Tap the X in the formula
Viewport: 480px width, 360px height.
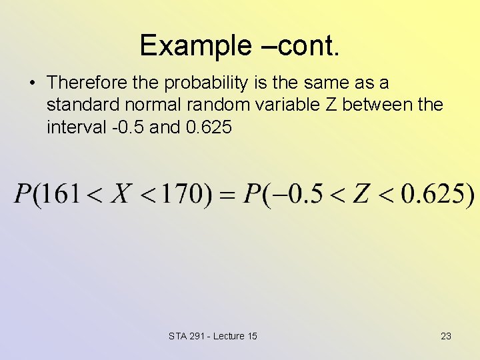pyautogui.click(x=121, y=194)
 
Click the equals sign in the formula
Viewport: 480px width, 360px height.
pyautogui.click(x=228, y=195)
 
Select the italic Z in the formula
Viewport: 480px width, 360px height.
pyautogui.click(x=361, y=194)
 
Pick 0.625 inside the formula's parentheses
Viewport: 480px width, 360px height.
pyautogui.click(x=432, y=194)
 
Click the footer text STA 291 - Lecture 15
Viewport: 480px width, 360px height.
pyautogui.click(x=213, y=336)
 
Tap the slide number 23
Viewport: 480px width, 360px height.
pyautogui.click(x=446, y=336)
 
